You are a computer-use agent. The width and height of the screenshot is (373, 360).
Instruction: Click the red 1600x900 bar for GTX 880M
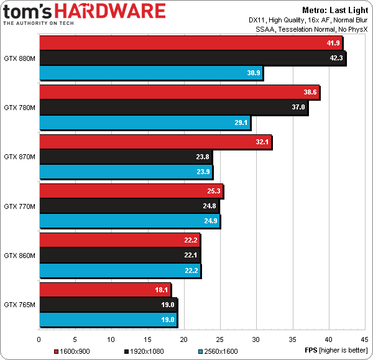pyautogui.click(x=186, y=43)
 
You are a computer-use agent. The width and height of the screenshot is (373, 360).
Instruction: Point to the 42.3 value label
pyautogui.click(x=334, y=58)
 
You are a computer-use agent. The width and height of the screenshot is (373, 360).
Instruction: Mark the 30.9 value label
pyautogui.click(x=254, y=73)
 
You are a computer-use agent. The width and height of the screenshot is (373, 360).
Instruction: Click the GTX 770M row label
pyautogui.click(x=19, y=206)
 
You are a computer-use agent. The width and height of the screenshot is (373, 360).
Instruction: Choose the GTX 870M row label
pyautogui.click(x=19, y=157)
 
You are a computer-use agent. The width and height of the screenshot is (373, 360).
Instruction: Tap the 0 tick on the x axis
pyautogui.click(x=39, y=339)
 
